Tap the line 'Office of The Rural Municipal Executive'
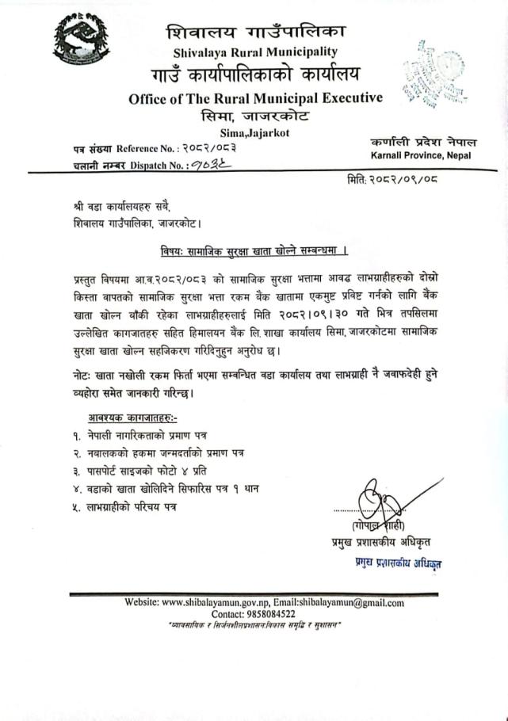[255, 98]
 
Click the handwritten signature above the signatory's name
[382, 504]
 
